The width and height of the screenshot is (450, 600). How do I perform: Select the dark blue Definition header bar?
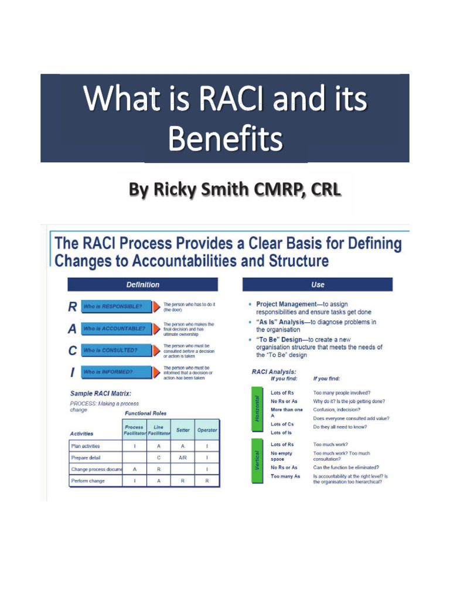click(x=142, y=285)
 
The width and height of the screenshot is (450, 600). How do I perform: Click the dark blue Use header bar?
click(x=318, y=285)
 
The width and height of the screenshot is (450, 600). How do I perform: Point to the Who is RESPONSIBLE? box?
click(x=115, y=306)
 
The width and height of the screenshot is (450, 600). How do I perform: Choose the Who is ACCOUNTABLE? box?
click(x=115, y=329)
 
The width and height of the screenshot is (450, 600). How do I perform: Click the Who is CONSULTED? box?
click(x=115, y=350)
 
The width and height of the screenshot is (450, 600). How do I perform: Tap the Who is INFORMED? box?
click(x=115, y=371)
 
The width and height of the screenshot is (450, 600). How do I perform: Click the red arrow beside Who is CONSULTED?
click(x=156, y=350)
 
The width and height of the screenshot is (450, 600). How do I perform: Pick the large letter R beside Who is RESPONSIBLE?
click(x=72, y=306)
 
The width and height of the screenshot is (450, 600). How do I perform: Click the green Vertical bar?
click(x=257, y=461)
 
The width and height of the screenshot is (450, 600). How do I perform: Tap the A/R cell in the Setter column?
click(x=183, y=458)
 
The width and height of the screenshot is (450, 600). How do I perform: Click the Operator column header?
click(x=207, y=430)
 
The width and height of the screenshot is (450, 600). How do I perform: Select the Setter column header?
click(x=183, y=430)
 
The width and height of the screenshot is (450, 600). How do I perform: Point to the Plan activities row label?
click(x=86, y=446)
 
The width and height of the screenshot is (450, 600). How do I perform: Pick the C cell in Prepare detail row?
click(x=158, y=458)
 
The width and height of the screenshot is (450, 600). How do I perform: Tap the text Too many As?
click(x=285, y=477)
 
